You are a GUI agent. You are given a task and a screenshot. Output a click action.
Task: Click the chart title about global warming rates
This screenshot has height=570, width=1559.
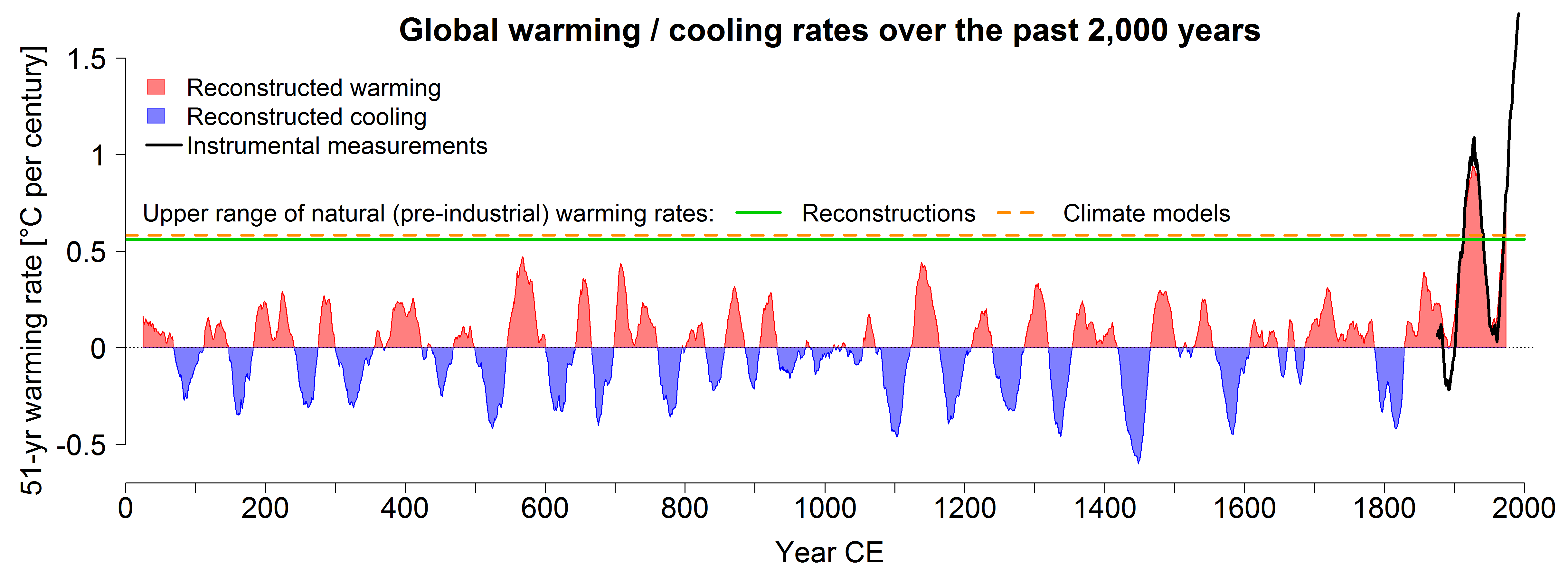point(829,30)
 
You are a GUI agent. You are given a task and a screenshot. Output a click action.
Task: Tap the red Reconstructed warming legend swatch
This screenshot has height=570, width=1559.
point(156,87)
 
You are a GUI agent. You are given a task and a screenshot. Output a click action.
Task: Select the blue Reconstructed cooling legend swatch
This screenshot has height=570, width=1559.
point(156,116)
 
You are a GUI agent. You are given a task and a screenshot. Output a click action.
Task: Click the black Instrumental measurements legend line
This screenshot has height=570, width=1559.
point(164,145)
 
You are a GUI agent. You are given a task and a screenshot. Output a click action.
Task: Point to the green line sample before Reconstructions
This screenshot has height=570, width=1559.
point(758,213)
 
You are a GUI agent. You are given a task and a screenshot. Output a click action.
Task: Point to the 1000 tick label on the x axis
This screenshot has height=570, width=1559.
point(824,508)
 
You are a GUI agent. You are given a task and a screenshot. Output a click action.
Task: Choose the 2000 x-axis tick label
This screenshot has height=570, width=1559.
point(1523,508)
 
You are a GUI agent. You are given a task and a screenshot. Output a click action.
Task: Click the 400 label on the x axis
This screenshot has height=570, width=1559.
point(404,508)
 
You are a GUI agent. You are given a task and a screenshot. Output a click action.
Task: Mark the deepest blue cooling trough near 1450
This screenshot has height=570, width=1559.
point(1139,462)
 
